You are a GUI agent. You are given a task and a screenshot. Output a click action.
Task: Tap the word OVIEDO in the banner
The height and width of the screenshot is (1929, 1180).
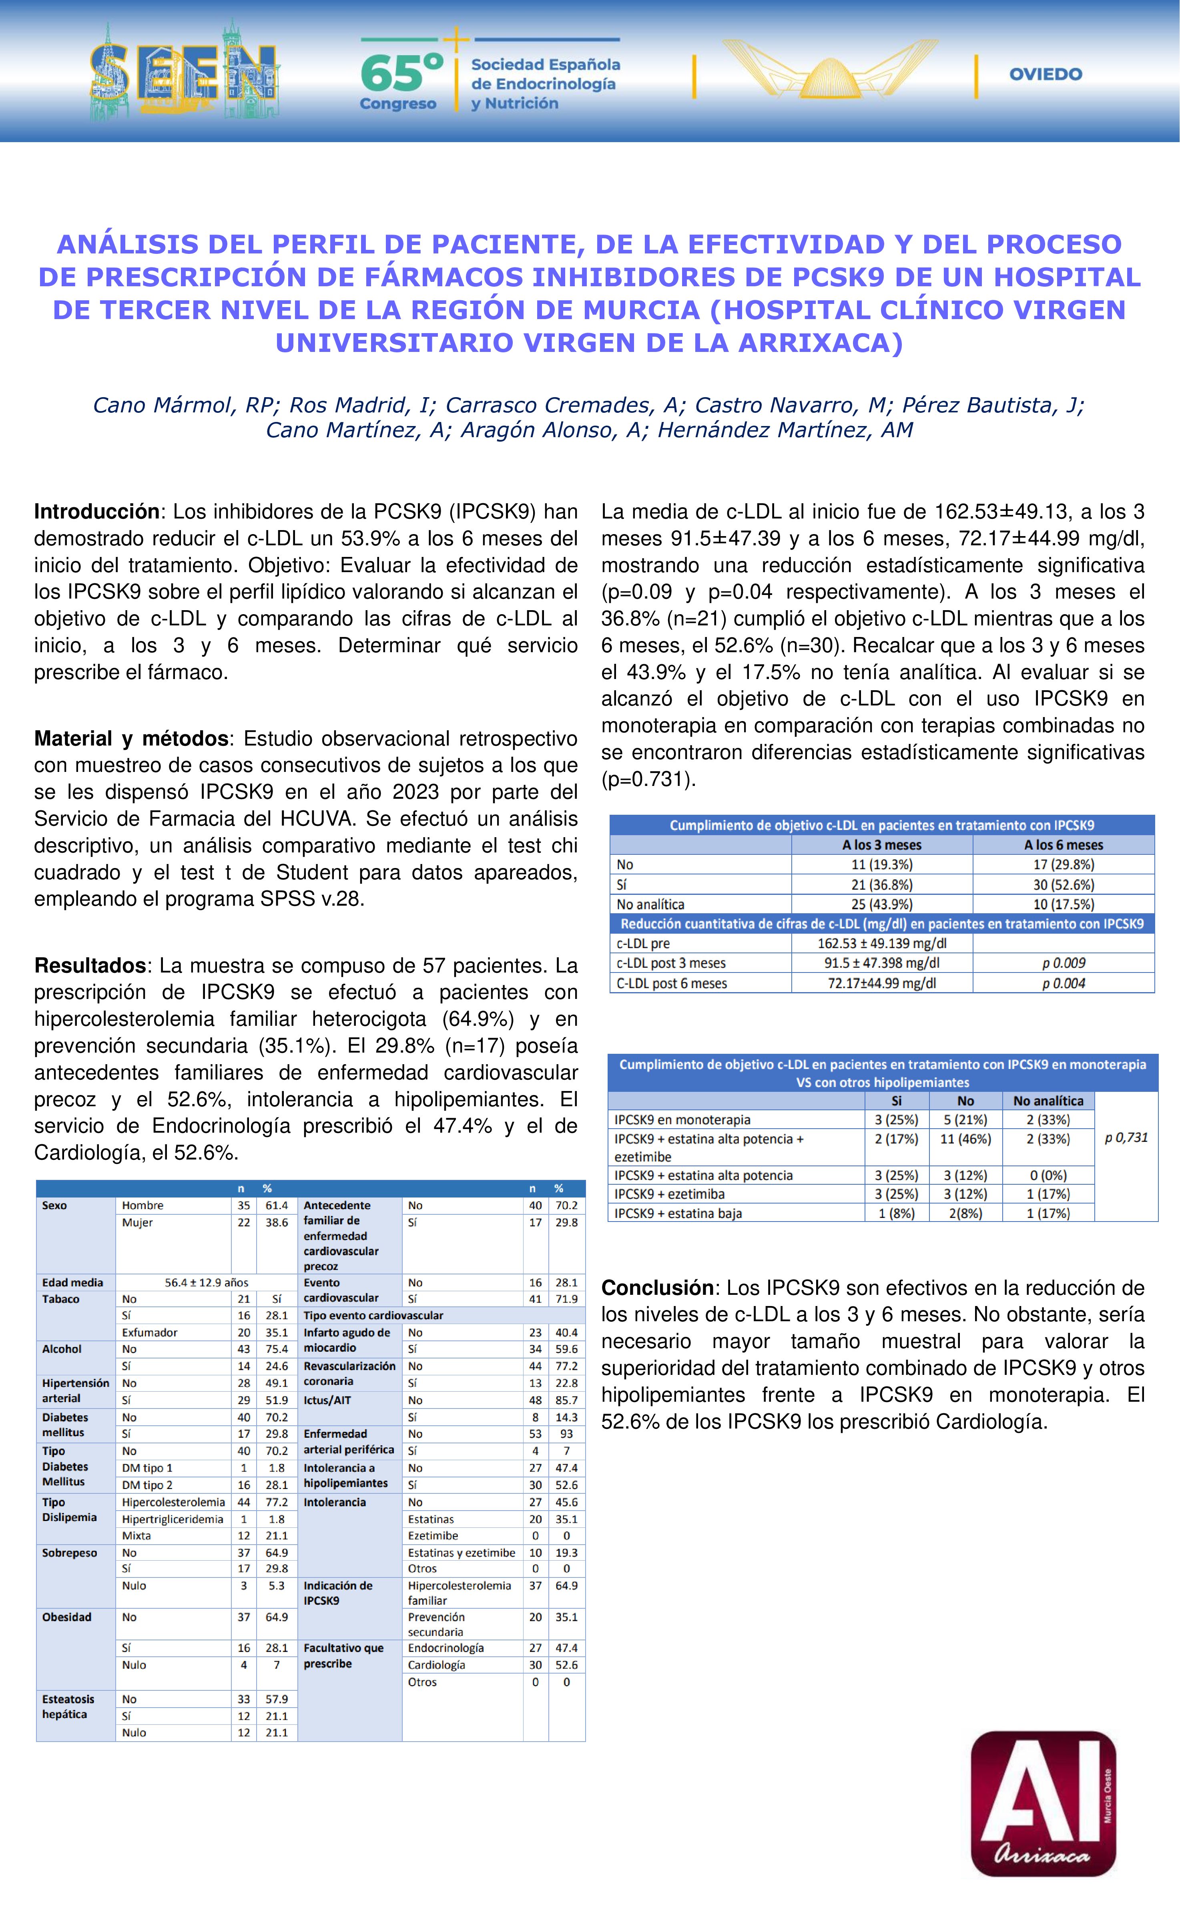tap(1046, 74)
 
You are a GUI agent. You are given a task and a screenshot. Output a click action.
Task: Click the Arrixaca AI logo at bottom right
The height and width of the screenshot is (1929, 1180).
tap(1043, 1802)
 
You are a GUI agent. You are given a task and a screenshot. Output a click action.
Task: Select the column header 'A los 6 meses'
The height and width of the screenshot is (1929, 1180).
tap(1064, 845)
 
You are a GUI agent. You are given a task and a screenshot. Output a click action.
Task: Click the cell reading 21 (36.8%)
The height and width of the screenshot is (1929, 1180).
tap(882, 885)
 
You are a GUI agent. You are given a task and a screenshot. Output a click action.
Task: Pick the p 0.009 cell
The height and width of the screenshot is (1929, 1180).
tap(1064, 963)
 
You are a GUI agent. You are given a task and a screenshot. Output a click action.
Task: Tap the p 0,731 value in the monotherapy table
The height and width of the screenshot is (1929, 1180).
tap(1126, 1137)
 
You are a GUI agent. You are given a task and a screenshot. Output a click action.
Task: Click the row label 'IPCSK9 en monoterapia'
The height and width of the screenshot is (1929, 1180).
tap(682, 1119)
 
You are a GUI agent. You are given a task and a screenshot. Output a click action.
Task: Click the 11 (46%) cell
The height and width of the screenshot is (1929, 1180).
tap(965, 1139)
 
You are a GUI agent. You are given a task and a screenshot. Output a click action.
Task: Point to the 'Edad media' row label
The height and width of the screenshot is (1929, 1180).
tap(73, 1282)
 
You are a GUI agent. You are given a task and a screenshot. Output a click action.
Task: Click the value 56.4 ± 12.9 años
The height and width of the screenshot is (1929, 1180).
tap(207, 1282)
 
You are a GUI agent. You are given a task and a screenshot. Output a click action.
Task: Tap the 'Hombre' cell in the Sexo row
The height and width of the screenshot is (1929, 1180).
tap(142, 1206)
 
